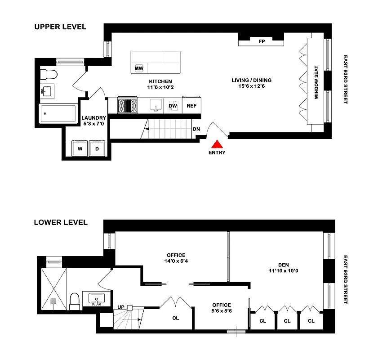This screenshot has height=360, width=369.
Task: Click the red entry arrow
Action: [x=217, y=144]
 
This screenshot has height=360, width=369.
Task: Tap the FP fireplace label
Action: [x=261, y=41]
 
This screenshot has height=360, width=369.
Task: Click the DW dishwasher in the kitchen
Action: [x=173, y=106]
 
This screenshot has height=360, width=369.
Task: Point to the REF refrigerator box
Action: [x=192, y=106]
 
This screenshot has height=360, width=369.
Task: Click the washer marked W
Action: [x=80, y=148]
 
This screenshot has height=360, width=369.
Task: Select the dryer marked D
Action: [x=97, y=148]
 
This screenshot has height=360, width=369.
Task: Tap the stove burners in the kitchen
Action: [x=127, y=106]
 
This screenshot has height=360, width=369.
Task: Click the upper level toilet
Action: [x=47, y=74]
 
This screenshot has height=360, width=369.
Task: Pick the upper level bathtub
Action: [x=58, y=113]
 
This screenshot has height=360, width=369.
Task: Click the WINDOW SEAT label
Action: [x=316, y=83]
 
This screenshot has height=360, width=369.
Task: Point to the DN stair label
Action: [x=196, y=129]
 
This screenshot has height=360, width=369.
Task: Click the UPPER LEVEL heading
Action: [x=60, y=27]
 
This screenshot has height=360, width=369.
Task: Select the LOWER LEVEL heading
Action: [x=61, y=222]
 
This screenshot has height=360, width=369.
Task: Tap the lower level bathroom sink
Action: [x=96, y=298]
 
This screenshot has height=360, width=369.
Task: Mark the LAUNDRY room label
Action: [x=93, y=118]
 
